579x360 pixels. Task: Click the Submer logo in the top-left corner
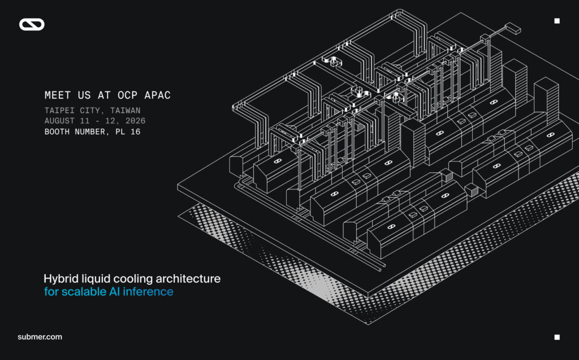[x=32, y=24]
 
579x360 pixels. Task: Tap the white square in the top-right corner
[x=557, y=21]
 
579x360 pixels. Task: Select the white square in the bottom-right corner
[x=557, y=337]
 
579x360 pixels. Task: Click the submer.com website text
[x=40, y=337]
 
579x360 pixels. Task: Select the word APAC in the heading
[x=157, y=96]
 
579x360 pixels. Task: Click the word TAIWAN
[x=125, y=110]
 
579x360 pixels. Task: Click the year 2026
[x=135, y=121]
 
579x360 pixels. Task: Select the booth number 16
[x=136, y=132]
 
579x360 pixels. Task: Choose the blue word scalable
[x=84, y=292]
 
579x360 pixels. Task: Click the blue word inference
[x=148, y=292]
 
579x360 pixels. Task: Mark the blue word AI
[x=114, y=292]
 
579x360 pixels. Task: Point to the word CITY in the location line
[x=90, y=110]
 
